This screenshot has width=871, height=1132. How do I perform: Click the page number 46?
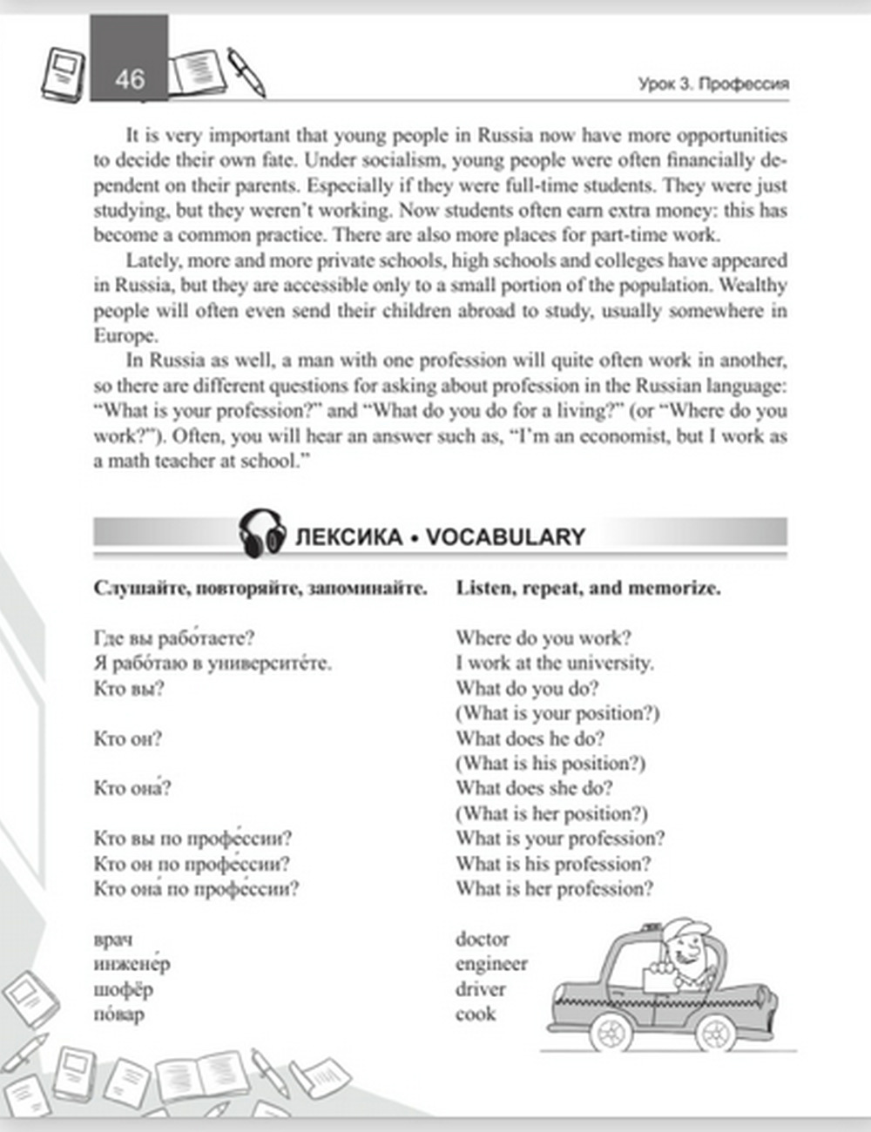point(129,79)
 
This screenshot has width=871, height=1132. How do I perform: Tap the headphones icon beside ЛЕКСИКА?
point(262,533)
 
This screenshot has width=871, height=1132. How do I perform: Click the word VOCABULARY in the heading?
point(505,536)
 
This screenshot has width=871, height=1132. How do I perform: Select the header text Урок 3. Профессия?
point(712,84)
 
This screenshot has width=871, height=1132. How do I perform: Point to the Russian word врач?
point(113,940)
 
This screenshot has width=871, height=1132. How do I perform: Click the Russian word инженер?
point(132,964)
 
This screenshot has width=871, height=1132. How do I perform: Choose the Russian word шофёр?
point(123,989)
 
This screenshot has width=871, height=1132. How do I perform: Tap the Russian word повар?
point(118,1014)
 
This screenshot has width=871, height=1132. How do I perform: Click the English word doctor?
point(482,939)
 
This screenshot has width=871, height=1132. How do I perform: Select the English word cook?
point(475,1014)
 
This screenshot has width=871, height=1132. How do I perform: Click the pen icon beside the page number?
point(246,71)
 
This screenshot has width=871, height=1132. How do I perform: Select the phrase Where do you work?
point(544,638)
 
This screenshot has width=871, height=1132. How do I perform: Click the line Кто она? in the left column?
point(132,789)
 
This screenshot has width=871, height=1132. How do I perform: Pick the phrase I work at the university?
point(554,663)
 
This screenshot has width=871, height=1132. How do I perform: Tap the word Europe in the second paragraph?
point(125,336)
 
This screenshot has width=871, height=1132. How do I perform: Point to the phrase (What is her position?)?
point(551,814)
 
